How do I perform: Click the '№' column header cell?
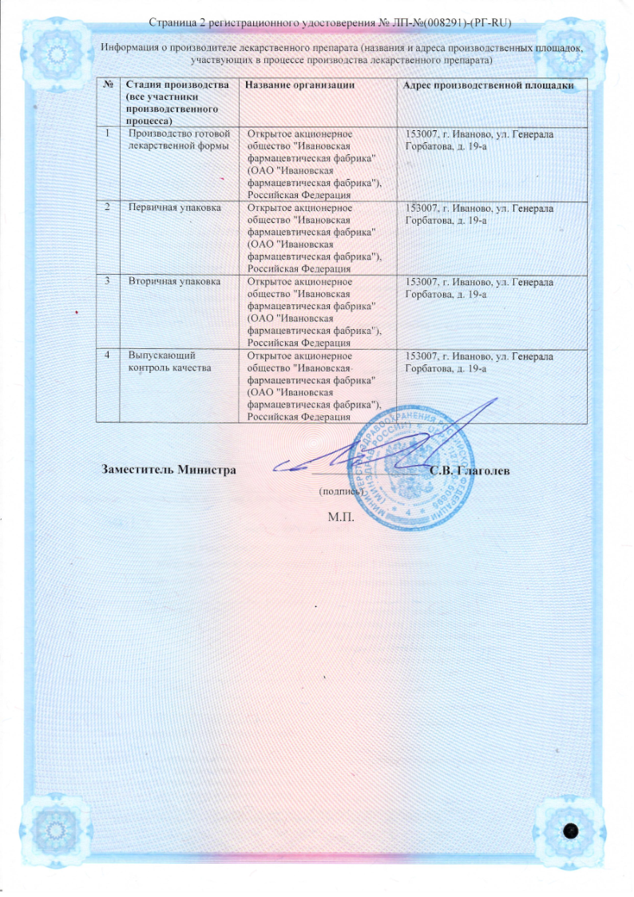pyautogui.click(x=107, y=85)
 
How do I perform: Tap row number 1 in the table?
pyautogui.click(x=107, y=133)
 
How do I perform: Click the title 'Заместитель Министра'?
pyautogui.click(x=168, y=470)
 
